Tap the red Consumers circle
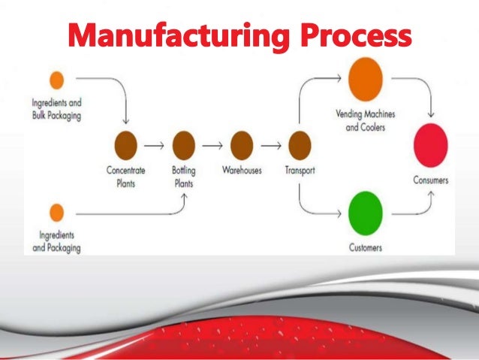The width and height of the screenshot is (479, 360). pos(430,144)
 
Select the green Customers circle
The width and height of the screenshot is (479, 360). pos(366,211)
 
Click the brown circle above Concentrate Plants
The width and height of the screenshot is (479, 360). pos(125,144)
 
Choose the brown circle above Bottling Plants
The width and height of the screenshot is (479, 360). pos(184,144)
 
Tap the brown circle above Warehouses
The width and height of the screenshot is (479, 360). pos(242,144)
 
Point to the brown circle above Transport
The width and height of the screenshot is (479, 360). pos(300,144)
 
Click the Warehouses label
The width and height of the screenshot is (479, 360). pos(242,171)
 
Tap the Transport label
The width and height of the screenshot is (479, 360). pos(300,171)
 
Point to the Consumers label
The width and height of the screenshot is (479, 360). pos(431,180)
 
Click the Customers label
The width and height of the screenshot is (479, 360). pos(366,247)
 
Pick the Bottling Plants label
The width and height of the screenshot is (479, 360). pos(183,175)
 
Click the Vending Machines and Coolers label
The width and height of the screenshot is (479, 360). pos(365,121)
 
